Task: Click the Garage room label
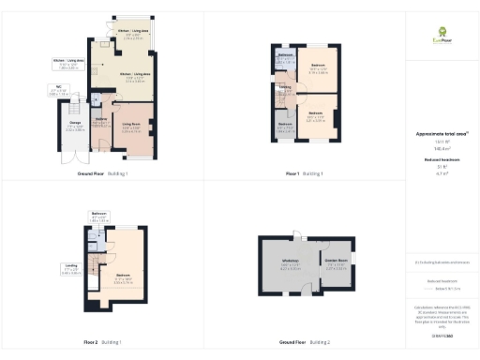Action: tap(74, 127)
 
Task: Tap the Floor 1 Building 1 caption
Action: tap(304, 173)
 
